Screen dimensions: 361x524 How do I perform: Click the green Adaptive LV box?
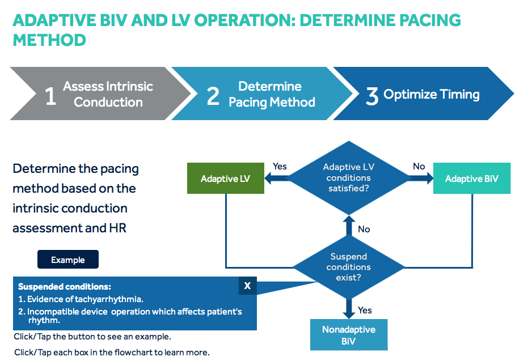point(225,179)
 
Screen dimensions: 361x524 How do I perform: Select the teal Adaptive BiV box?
point(471,179)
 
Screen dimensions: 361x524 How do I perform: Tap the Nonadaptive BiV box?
point(349,334)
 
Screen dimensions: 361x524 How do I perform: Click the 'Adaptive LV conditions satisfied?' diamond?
point(349,177)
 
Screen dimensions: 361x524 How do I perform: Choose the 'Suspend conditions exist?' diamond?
point(349,267)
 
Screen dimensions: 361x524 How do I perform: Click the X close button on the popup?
point(247,286)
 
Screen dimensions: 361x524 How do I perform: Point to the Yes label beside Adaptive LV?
point(280,167)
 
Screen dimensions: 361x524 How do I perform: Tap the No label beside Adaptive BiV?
point(419,167)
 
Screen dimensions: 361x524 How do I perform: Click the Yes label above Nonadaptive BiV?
point(365,310)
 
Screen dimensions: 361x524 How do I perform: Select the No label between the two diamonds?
point(364,229)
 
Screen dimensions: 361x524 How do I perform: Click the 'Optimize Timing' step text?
point(432,95)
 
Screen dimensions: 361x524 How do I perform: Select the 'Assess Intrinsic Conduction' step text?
point(108,95)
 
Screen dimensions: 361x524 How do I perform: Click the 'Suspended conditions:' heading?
point(64,287)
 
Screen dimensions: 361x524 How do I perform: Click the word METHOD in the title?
point(49,40)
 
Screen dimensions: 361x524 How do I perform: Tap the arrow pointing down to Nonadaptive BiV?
point(349,308)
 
